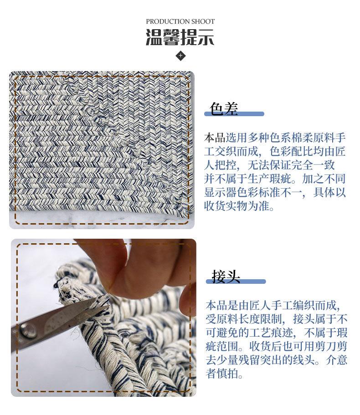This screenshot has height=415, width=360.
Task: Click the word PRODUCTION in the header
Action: tap(168, 21)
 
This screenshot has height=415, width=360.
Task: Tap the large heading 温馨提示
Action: tap(180, 37)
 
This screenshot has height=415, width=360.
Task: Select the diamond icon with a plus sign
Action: tap(180, 56)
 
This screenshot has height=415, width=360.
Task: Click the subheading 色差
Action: tap(224, 108)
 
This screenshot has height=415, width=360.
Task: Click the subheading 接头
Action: tap(226, 276)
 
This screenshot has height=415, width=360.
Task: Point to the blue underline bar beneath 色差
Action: tap(234, 114)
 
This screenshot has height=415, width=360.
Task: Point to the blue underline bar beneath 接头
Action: tap(236, 282)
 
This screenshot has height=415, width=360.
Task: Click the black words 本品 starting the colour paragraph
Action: tap(215, 138)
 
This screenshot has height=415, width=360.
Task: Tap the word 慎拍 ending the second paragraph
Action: tap(227, 374)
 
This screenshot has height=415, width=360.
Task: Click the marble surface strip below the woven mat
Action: tap(102, 219)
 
